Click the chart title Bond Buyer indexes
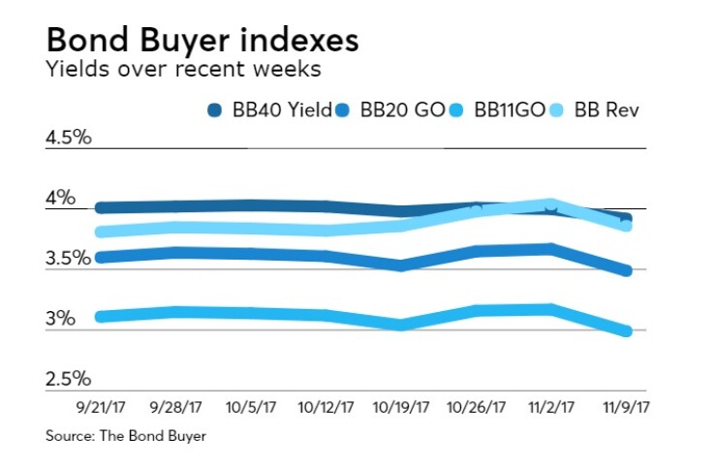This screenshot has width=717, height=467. pyautogui.click(x=202, y=41)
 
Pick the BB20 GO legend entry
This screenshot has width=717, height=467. pyautogui.click(x=404, y=109)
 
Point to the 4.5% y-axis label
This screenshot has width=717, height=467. pyautogui.click(x=69, y=137)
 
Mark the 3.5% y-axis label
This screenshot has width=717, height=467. pyautogui.click(x=69, y=259)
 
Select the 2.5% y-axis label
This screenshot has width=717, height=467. pyautogui.click(x=69, y=379)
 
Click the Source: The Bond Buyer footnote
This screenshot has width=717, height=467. pyautogui.click(x=126, y=437)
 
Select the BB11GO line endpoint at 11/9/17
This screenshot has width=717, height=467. pyautogui.click(x=626, y=331)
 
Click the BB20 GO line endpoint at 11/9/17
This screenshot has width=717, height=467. pyautogui.click(x=626, y=270)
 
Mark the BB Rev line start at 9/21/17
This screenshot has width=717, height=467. pyautogui.click(x=101, y=232)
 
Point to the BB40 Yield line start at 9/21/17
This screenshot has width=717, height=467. pyautogui.click(x=101, y=207)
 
